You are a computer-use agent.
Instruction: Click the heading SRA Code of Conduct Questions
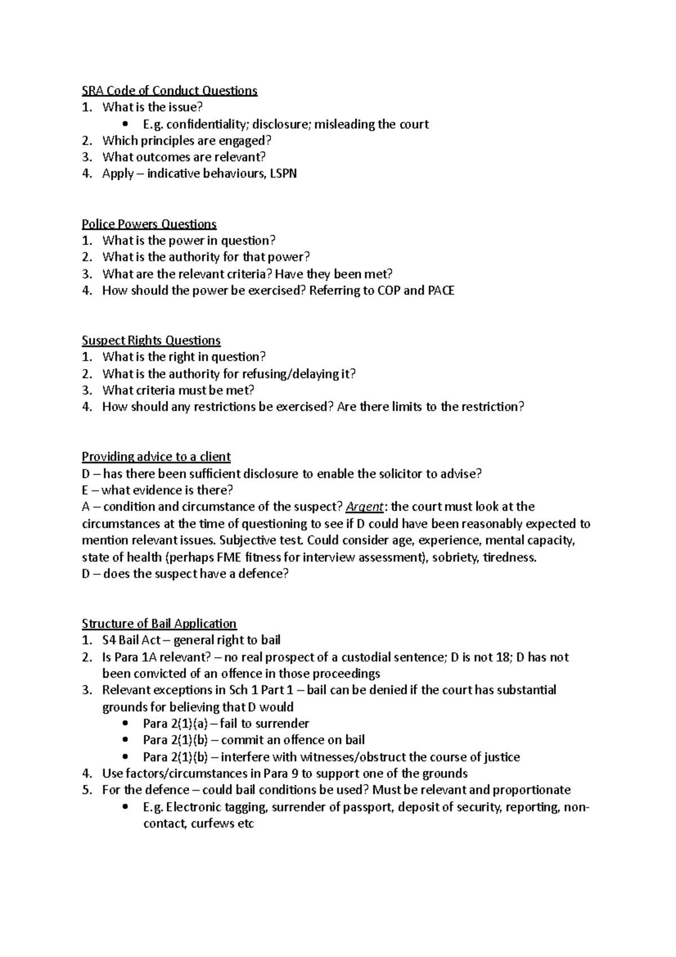click(169, 91)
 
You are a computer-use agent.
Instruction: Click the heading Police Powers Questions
click(149, 224)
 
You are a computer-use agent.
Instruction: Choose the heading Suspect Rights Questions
click(151, 340)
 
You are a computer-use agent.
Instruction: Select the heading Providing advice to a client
click(156, 457)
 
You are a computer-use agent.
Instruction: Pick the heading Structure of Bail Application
click(159, 624)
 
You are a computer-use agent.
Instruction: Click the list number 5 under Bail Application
click(86, 790)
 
